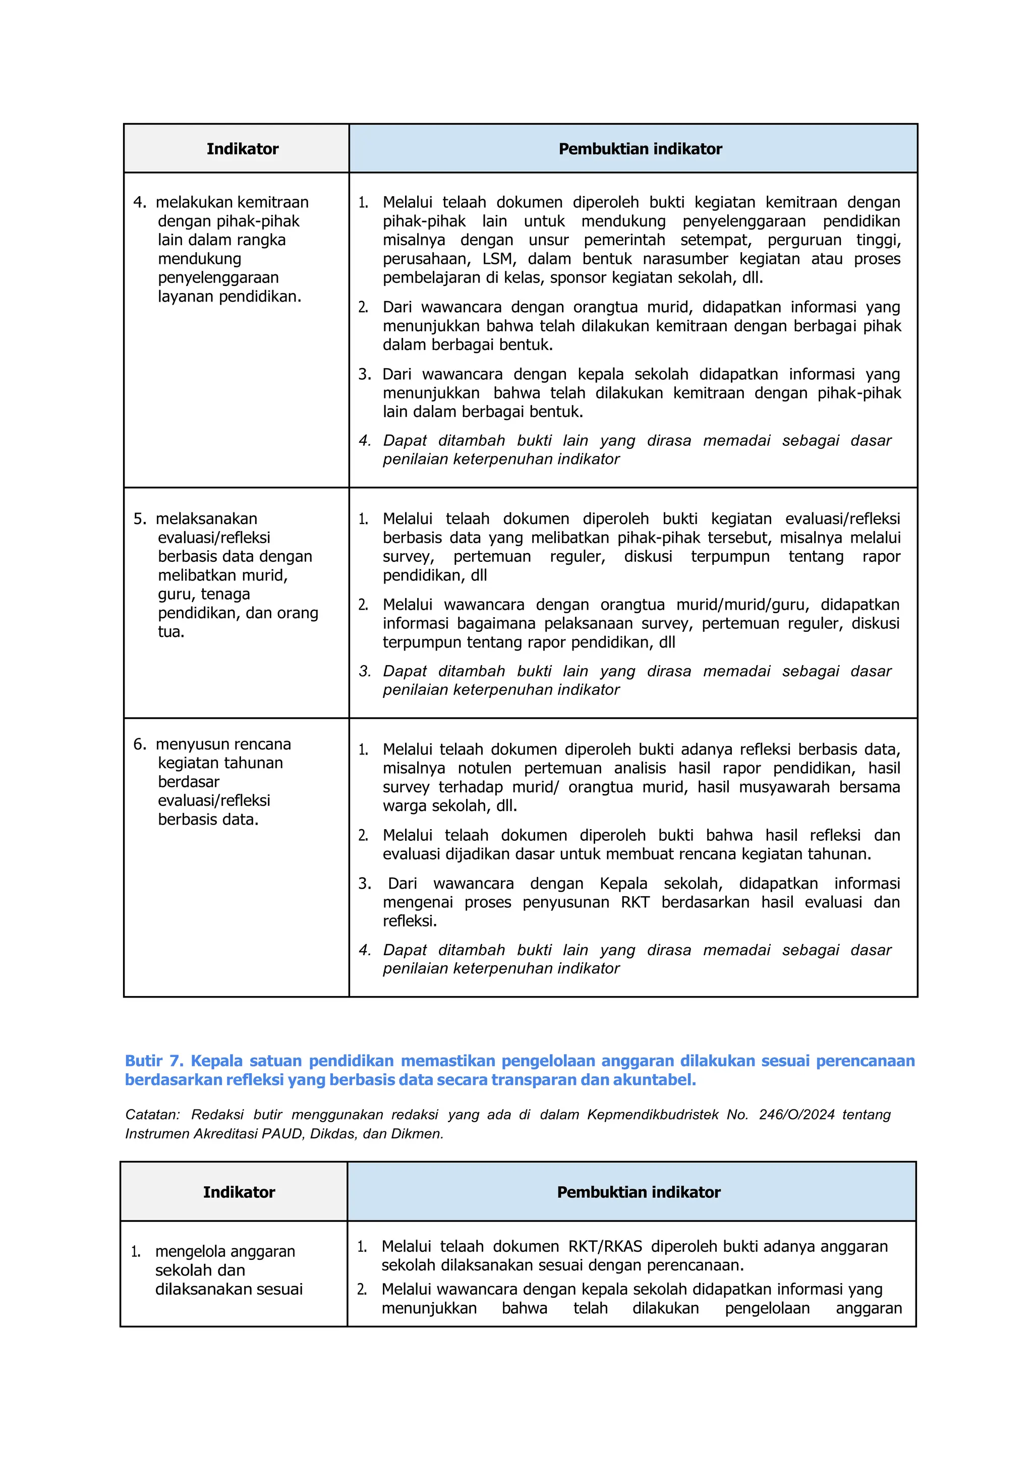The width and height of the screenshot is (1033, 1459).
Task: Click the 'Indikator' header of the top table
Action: tap(242, 149)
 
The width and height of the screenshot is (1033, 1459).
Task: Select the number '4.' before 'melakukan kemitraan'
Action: tap(140, 202)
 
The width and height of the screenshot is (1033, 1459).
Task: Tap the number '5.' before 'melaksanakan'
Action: tap(140, 518)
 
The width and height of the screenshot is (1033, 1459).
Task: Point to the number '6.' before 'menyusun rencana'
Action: tap(140, 744)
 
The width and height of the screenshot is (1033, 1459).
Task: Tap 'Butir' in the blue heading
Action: tap(144, 1061)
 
